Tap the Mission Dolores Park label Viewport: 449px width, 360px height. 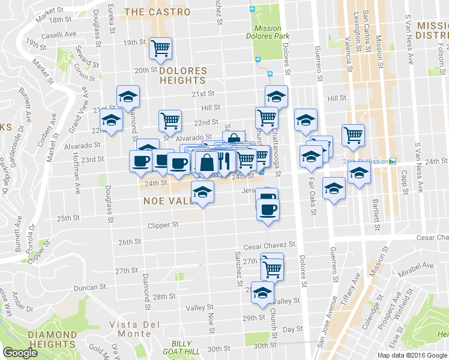point(267,32)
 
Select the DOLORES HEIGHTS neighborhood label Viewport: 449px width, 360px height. point(183,76)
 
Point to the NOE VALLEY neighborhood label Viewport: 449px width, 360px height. point(170,201)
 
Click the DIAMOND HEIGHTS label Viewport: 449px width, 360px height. point(39,340)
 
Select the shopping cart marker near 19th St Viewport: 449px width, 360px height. point(160,48)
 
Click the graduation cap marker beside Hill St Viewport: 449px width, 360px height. point(276,96)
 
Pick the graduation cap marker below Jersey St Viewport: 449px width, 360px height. point(202,193)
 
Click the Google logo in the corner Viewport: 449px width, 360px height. point(20,353)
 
